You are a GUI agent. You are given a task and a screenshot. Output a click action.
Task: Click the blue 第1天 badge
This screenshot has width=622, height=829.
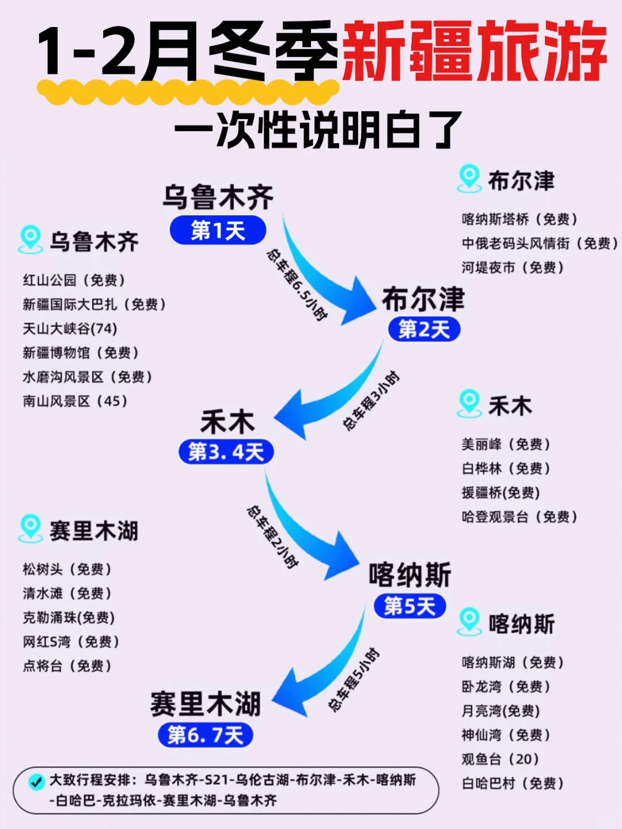click(x=218, y=231)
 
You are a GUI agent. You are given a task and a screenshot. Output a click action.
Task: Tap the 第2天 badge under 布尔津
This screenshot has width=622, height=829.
click(x=424, y=329)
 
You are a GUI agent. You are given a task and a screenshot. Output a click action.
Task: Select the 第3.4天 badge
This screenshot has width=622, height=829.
click(x=226, y=452)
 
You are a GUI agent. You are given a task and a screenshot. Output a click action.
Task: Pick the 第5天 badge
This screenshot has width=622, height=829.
click(x=409, y=606)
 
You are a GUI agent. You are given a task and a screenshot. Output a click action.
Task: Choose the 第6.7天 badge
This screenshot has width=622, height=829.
click(x=205, y=735)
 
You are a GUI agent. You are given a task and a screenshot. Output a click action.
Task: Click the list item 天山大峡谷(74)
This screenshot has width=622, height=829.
click(x=70, y=329)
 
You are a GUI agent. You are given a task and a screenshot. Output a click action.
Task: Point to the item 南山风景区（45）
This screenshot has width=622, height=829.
click(x=75, y=401)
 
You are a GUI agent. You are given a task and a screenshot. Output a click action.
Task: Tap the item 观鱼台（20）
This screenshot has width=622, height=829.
click(x=500, y=759)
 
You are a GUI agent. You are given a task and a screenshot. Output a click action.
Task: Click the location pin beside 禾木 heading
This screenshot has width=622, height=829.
click(x=469, y=404)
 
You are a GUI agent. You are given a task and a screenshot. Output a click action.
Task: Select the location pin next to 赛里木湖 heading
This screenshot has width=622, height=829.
click(x=30, y=528)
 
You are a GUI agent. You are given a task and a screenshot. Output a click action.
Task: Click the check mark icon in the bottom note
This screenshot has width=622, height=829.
click(x=36, y=782)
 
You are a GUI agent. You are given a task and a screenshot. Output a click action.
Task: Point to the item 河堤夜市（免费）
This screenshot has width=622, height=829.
click(x=513, y=268)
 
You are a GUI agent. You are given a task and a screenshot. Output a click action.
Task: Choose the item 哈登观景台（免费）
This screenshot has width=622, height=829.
click(x=519, y=517)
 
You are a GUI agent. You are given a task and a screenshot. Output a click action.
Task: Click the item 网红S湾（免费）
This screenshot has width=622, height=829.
click(x=71, y=642)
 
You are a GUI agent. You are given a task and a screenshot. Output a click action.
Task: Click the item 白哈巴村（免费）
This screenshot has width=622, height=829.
click(x=513, y=784)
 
